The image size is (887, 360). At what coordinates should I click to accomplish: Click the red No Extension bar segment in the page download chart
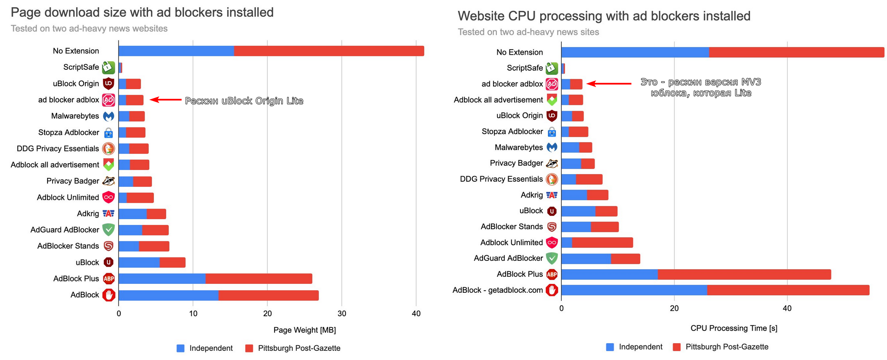coord(329,51)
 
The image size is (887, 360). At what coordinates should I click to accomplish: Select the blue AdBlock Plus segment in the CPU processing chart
coord(609,275)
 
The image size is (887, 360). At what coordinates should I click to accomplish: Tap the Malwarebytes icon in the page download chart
coord(108,116)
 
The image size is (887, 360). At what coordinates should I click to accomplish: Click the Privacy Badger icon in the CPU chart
coord(552,164)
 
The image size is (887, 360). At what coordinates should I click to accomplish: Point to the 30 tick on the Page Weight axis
coord(342,313)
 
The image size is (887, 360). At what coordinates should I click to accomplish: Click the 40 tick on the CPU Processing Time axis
coord(787,308)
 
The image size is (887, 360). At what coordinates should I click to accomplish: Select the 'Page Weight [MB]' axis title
coord(304,330)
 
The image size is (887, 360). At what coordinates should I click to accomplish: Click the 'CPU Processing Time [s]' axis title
coord(734,328)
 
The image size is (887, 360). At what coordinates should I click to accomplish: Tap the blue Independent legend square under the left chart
coord(180,348)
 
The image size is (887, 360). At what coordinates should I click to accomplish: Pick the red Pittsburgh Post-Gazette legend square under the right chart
coord(676,347)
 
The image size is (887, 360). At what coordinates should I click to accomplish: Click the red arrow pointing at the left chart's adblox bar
coord(166,100)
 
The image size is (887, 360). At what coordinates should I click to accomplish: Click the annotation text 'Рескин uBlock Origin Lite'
coord(244,101)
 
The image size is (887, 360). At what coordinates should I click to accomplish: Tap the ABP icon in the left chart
coord(108,278)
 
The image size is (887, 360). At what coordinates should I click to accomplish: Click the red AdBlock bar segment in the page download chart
coord(268,295)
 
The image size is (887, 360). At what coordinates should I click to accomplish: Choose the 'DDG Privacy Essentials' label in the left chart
coord(58,148)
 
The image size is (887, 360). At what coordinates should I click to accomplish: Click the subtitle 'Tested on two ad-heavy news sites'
coord(528,32)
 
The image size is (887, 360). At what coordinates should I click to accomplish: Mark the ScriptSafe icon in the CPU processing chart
coord(552,68)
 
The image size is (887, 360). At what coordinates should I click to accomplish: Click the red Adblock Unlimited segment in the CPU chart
coord(602,243)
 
